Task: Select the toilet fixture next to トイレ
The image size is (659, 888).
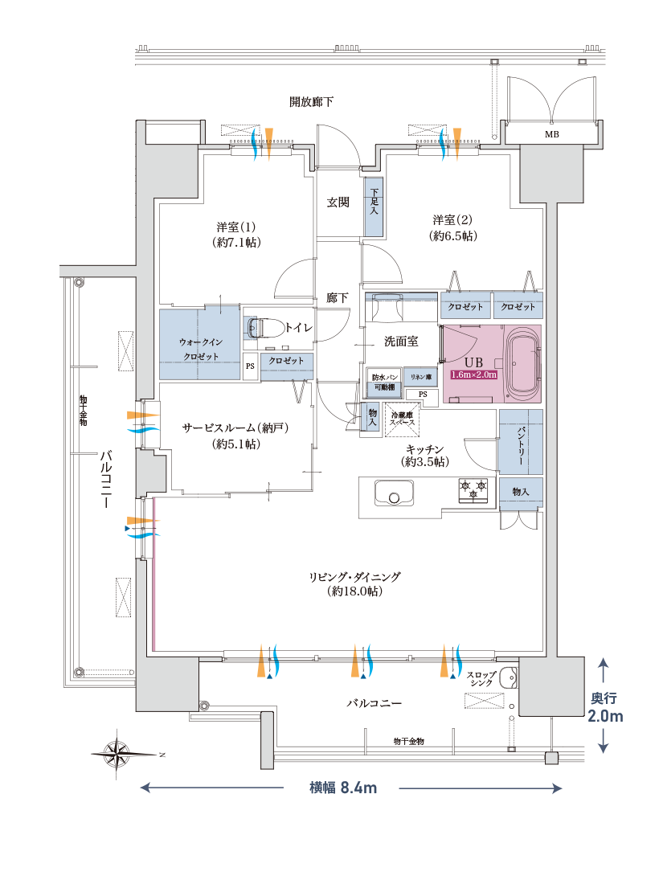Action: [x=261, y=328]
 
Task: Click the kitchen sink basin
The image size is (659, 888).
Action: [x=393, y=493]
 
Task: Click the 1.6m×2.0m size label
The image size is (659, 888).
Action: [x=474, y=374]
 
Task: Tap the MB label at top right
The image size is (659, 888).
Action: [x=551, y=134]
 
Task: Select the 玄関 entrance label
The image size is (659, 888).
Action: [x=338, y=203]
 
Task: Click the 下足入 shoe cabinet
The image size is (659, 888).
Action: [x=375, y=207]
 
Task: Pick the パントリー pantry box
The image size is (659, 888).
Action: [x=520, y=442]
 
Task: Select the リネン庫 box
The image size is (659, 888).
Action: [x=420, y=377]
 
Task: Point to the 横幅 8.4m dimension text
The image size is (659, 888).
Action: [x=343, y=788]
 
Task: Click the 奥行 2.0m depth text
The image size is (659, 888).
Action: [x=604, y=707]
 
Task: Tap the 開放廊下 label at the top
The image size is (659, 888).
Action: [x=312, y=102]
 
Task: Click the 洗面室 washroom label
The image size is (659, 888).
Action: [x=400, y=342]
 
